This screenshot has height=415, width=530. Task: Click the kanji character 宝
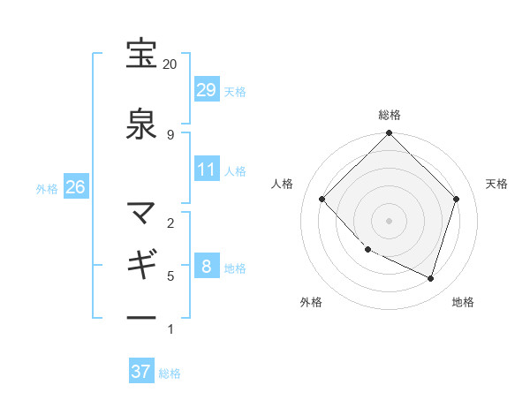pyautogui.click(x=141, y=54)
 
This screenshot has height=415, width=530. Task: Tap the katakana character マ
pyautogui.click(x=141, y=212)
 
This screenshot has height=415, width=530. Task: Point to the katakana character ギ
pyautogui.click(x=141, y=264)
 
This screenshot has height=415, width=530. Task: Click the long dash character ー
pyautogui.click(x=141, y=317)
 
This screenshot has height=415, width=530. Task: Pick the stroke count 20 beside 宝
pyautogui.click(x=170, y=64)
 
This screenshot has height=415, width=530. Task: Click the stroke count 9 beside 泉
pyautogui.click(x=170, y=134)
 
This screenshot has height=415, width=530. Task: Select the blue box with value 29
pyautogui.click(x=207, y=90)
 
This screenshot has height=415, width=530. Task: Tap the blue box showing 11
pyautogui.click(x=207, y=170)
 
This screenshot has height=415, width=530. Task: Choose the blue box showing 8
pyautogui.click(x=207, y=267)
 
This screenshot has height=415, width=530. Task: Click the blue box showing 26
pyautogui.click(x=75, y=187)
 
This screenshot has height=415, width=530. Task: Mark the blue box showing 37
pyautogui.click(x=141, y=372)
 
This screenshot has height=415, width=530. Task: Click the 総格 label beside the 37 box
pyautogui.click(x=170, y=373)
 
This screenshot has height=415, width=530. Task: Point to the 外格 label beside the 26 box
pyautogui.click(x=47, y=188)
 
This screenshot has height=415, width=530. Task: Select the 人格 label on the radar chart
pyautogui.click(x=283, y=184)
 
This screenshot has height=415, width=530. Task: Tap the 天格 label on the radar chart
pyautogui.click(x=497, y=184)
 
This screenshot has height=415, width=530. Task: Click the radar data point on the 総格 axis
pyautogui.click(x=389, y=134)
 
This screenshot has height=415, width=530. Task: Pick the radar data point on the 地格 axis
pyautogui.click(x=431, y=279)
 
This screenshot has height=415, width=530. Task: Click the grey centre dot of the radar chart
pyautogui.click(x=389, y=220)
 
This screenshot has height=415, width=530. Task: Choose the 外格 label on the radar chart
pyautogui.click(x=311, y=302)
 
